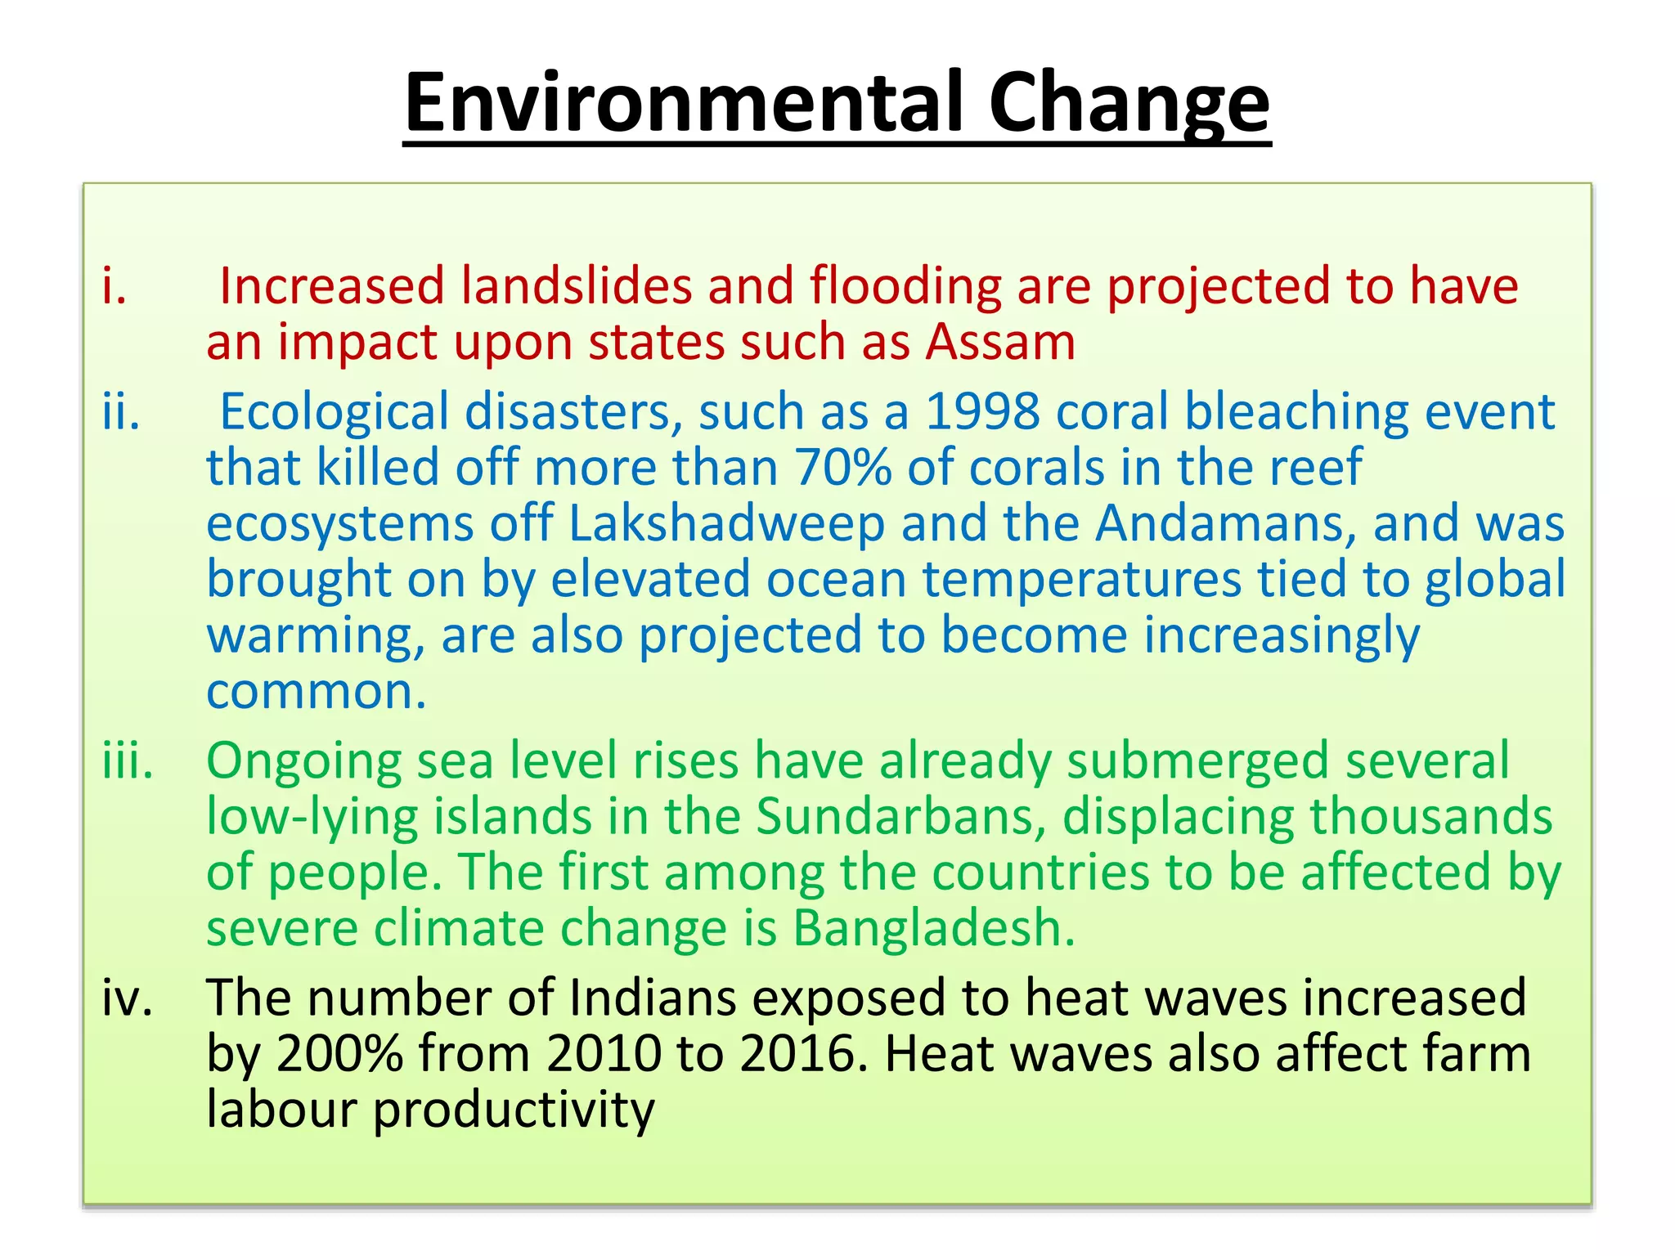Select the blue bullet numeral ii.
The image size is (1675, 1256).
pos(121,411)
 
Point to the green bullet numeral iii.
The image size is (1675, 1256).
pos(128,761)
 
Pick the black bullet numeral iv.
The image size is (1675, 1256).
pos(128,998)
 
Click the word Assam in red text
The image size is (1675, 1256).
pos(999,342)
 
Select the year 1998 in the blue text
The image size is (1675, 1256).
pos(981,411)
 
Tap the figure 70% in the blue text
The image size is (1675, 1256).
pos(842,468)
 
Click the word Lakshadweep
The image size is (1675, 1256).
pos(726,523)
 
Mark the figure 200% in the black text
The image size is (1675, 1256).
pos(339,1054)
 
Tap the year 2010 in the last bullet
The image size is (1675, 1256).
pos(604,1054)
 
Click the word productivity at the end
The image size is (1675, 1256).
pos(514,1110)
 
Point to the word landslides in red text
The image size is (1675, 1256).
pos(576,286)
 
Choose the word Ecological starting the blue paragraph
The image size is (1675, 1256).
pos(335,411)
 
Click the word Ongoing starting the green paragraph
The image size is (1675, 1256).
pos(303,761)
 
